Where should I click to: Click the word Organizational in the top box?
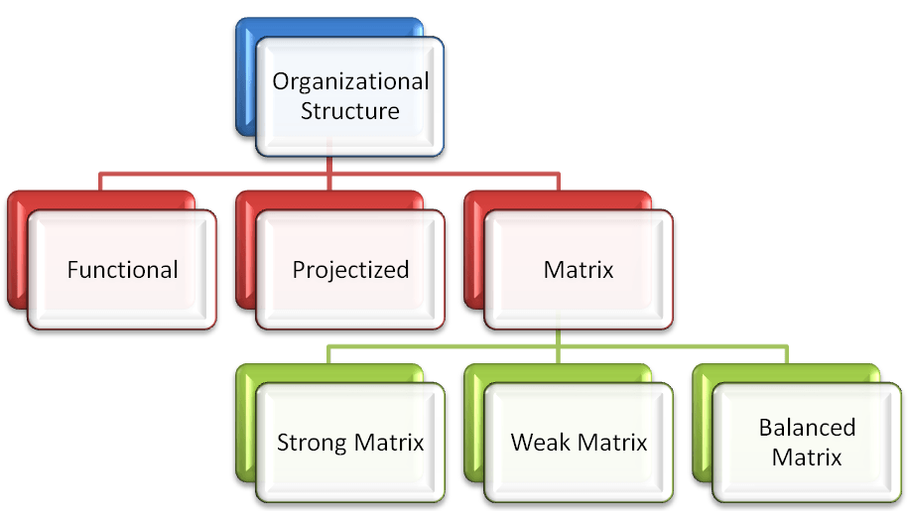point(350,81)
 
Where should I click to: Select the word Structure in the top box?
point(350,110)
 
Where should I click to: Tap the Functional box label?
point(123,269)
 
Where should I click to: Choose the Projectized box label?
point(350,269)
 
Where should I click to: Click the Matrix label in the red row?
point(579,269)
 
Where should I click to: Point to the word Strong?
point(310,443)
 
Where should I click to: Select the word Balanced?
point(807,428)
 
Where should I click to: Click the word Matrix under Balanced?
point(807,457)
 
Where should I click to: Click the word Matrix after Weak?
point(612,443)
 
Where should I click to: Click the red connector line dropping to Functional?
point(101,181)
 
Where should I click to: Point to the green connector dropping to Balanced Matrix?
point(786,355)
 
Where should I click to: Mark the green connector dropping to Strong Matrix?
point(330,355)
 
